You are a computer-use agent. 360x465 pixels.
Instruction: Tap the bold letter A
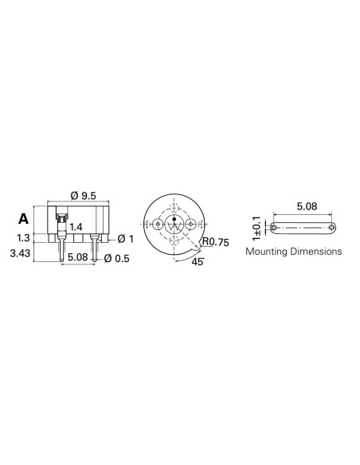pos(23,218)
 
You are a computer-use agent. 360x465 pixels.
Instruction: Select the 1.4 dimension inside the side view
pos(76,228)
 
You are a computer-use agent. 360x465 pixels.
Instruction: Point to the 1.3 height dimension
pos(23,238)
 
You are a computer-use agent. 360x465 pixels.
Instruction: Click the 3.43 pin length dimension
pos(20,254)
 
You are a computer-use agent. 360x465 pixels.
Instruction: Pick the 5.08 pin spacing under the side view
pos(77,257)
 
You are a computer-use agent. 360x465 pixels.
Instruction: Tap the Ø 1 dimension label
pos(124,239)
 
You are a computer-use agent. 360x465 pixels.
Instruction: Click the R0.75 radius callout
pos(215,242)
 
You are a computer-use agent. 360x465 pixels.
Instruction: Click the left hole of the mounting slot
pos(275,229)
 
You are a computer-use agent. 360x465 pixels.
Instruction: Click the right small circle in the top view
pos(191,226)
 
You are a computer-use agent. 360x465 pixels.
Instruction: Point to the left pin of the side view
pos(63,252)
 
